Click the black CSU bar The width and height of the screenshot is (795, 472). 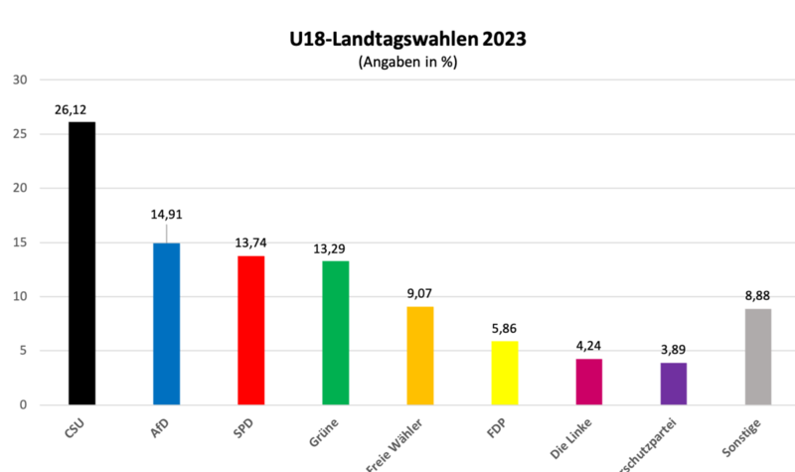[81, 263]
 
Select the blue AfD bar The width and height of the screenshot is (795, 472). [166, 324]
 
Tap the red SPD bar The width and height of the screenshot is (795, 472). [250, 330]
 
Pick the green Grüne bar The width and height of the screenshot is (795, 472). [335, 333]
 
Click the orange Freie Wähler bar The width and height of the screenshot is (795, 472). [419, 356]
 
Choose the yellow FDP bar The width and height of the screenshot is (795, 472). [504, 373]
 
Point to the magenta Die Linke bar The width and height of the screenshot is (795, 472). [588, 382]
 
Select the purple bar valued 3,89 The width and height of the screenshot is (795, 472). [673, 384]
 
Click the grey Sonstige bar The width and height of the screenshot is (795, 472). [757, 357]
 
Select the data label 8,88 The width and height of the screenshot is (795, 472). [757, 295]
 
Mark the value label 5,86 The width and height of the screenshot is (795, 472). [504, 328]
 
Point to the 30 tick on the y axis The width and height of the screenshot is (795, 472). [20, 80]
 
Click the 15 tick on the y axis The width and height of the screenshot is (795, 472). [20, 242]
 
